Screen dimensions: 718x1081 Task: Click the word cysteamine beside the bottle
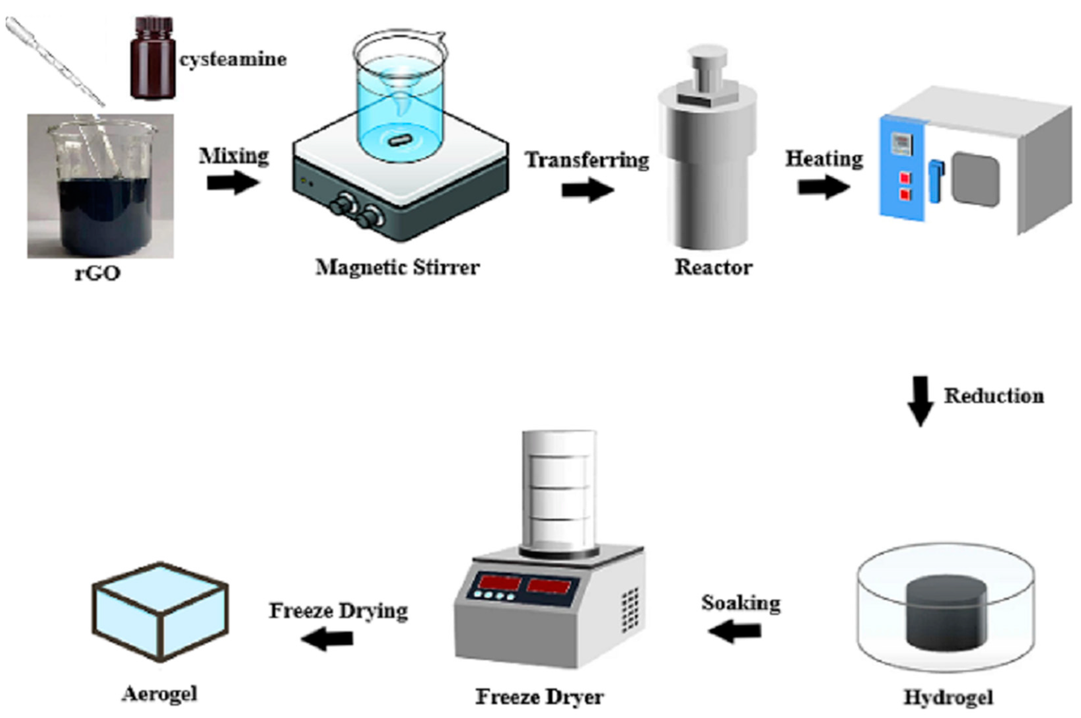click(x=233, y=59)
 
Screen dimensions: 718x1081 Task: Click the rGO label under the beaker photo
click(x=97, y=273)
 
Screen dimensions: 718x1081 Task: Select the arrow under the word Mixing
click(x=233, y=183)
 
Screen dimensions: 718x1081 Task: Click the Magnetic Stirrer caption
click(x=398, y=267)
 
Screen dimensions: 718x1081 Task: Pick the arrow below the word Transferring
click(x=588, y=189)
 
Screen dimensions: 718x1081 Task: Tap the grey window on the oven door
click(x=975, y=180)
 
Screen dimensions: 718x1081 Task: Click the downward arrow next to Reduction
click(x=920, y=401)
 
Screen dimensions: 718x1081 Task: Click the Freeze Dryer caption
click(x=540, y=697)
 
